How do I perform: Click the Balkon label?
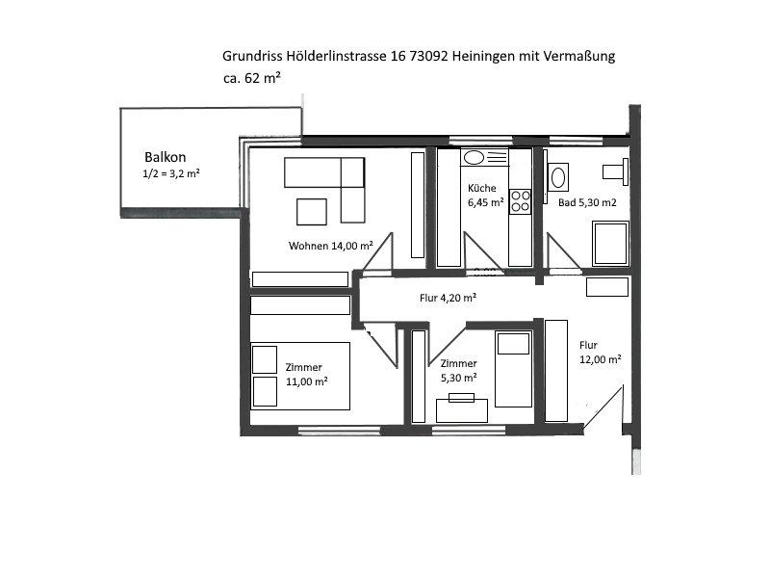point(165,157)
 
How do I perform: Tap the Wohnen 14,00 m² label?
point(330,246)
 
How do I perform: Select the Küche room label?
point(485,196)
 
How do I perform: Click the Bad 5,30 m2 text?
point(587,202)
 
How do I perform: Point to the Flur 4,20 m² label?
point(448,298)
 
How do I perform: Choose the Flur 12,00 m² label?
point(600,353)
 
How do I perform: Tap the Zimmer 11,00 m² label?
point(307,375)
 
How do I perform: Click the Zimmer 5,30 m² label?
point(459,371)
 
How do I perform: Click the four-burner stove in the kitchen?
point(521,201)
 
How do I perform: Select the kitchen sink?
point(485,158)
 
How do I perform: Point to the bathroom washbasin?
point(558,177)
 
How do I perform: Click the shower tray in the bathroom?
point(610,244)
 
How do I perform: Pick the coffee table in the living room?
point(312,212)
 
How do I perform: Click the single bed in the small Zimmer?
point(514,369)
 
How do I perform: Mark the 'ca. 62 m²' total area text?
point(251,78)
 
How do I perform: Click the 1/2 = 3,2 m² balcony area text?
point(171,173)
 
